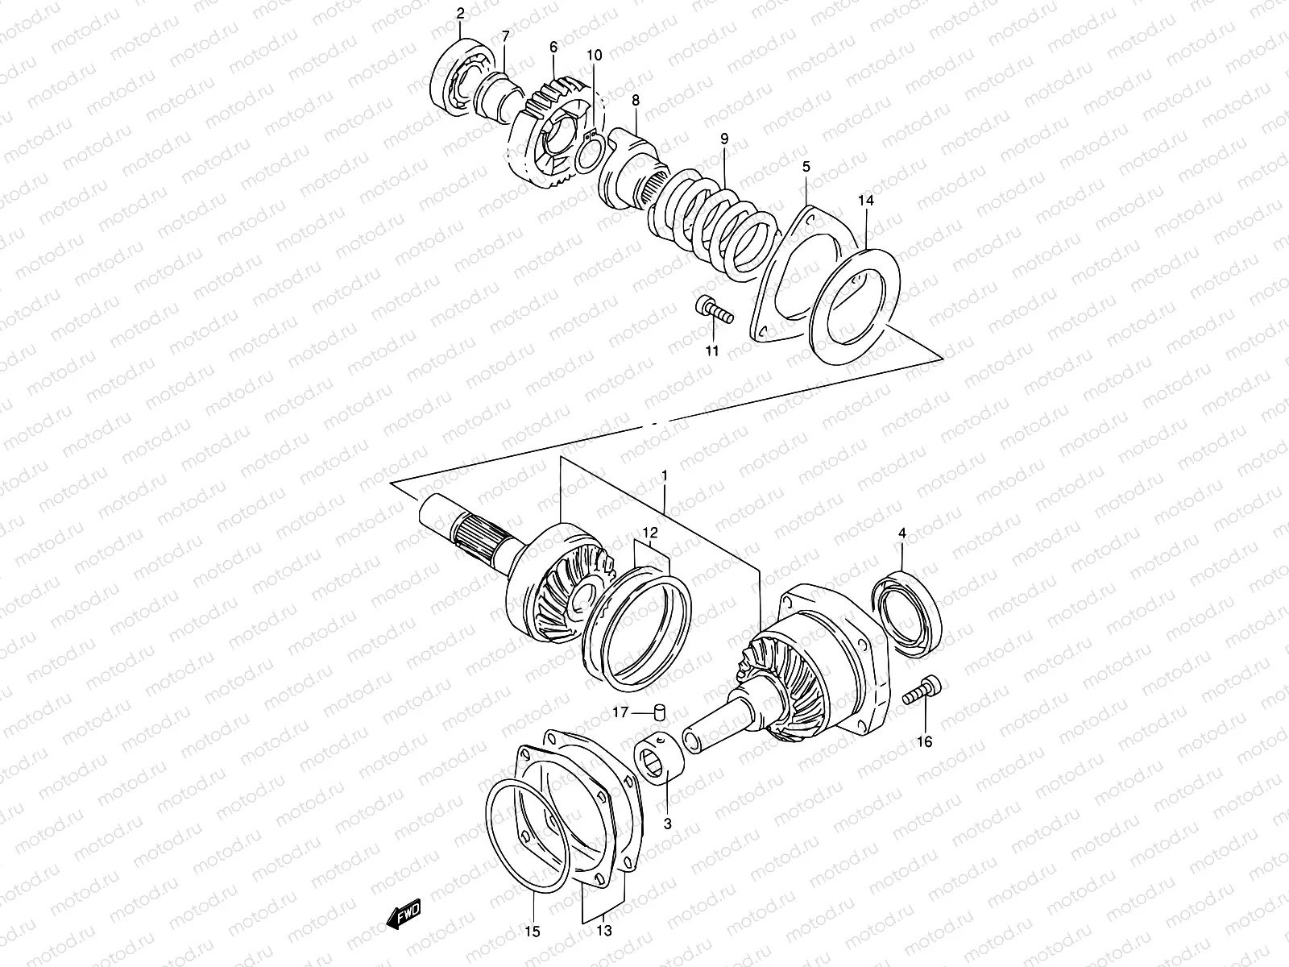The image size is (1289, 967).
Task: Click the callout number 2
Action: point(460,13)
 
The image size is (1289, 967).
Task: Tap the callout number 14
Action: point(865,199)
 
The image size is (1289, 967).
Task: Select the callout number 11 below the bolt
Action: point(712,351)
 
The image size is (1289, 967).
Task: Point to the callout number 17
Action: point(620,712)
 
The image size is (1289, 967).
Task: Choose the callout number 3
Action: point(668,824)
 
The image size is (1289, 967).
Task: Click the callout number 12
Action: point(650,532)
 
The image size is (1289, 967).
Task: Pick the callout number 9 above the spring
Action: point(723,139)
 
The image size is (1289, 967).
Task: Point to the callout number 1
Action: point(664,476)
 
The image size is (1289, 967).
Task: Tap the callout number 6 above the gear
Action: point(553,48)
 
